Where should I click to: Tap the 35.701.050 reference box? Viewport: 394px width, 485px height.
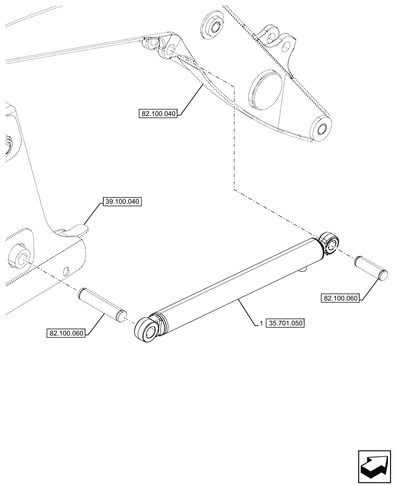coord(285,322)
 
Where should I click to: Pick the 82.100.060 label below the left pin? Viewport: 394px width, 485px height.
coord(66,333)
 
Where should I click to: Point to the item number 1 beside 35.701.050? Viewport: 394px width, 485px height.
coord(261,323)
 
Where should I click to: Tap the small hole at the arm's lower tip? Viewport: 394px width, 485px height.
coord(322,129)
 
